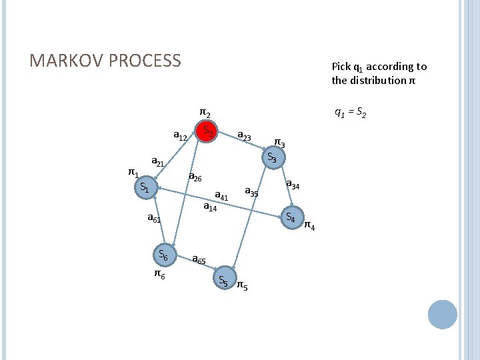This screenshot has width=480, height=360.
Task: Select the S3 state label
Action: point(272,158)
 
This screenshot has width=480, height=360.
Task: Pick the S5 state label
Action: point(223,281)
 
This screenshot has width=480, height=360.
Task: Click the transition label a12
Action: point(179,137)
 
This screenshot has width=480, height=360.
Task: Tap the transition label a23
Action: point(244,136)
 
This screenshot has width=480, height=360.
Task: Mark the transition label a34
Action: point(293,185)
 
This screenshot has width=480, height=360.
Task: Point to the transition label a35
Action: point(251,192)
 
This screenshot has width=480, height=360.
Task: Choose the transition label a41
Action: point(221,196)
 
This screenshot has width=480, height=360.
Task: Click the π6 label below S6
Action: point(160,273)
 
